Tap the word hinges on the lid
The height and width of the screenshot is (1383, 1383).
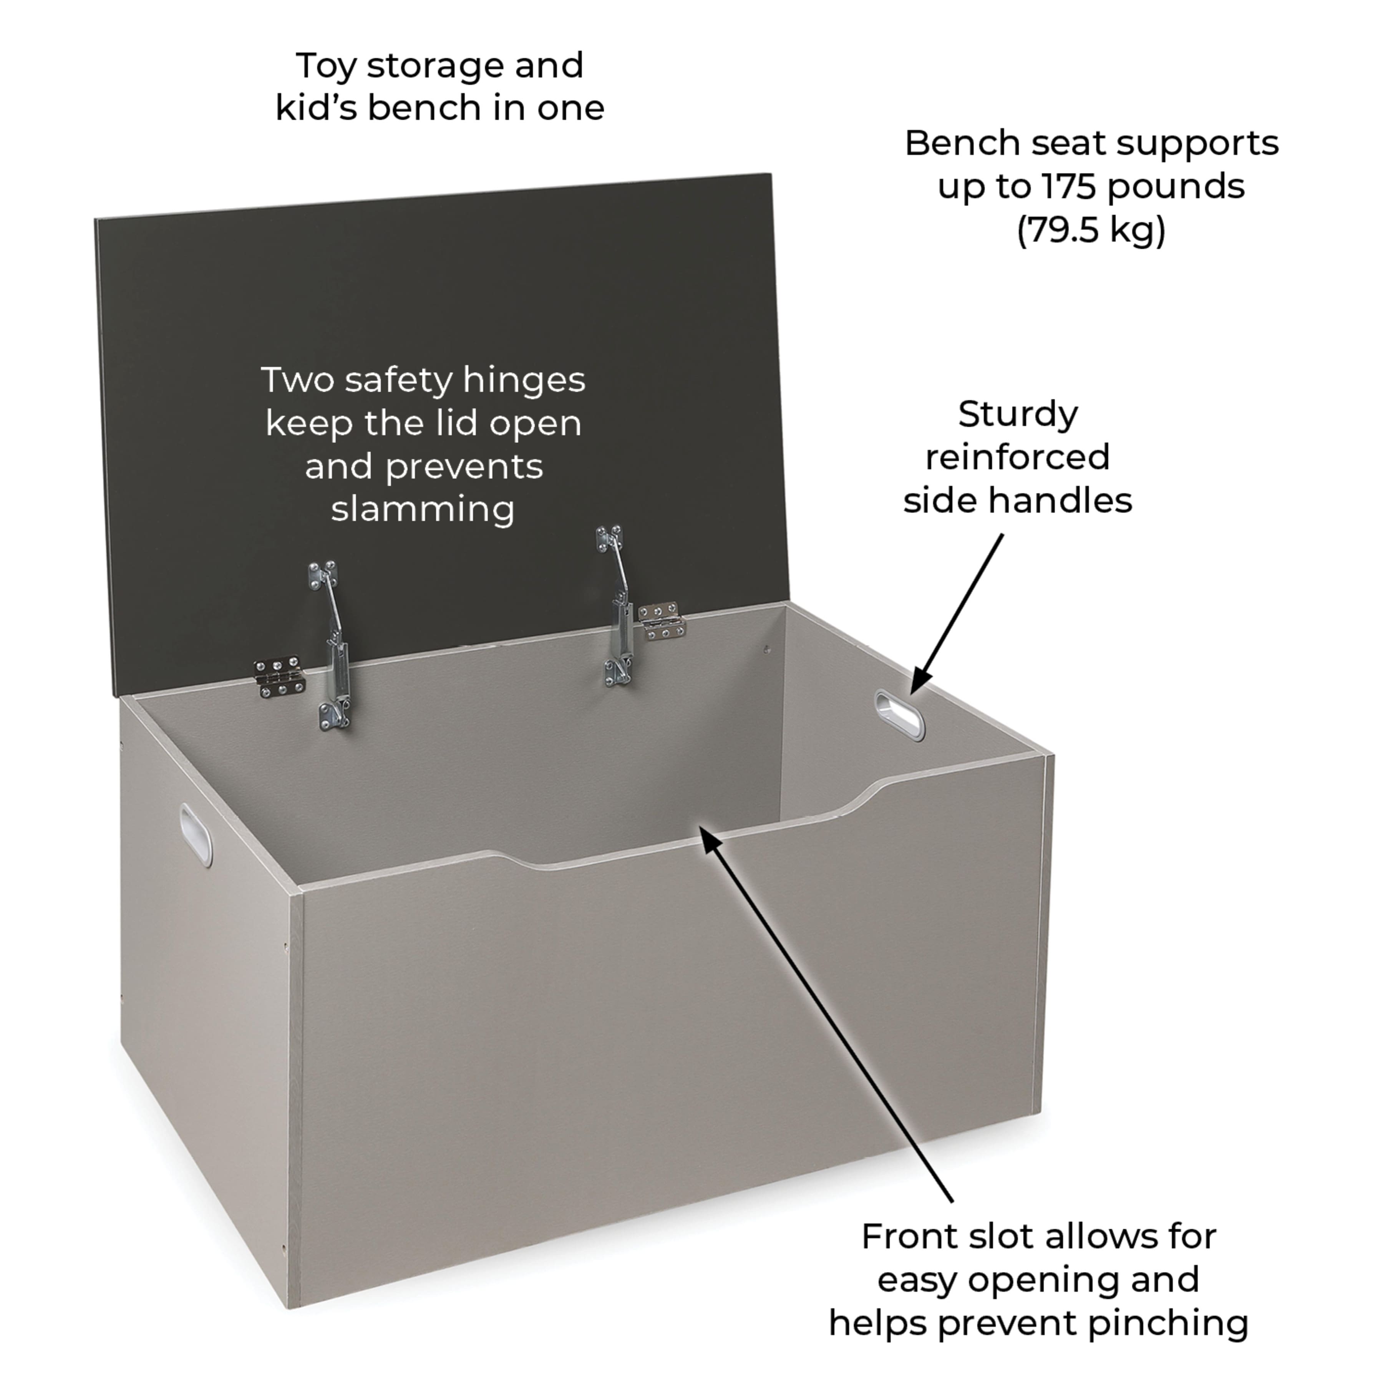click(x=523, y=380)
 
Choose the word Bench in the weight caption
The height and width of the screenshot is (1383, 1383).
click(x=963, y=143)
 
